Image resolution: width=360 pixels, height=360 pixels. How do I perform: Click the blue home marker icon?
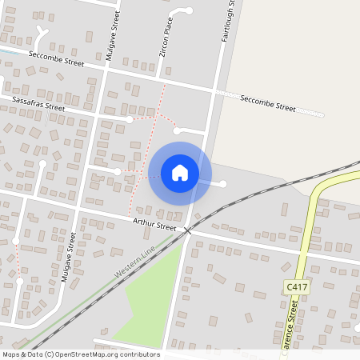point(180,173)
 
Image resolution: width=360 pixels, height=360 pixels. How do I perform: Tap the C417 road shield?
point(295,286)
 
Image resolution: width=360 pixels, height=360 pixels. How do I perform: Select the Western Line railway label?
point(134,262)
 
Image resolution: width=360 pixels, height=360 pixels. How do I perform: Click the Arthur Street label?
point(154,226)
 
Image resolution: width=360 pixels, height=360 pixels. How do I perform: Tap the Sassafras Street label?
point(38,103)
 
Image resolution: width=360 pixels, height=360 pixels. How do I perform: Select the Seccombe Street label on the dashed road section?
point(270,103)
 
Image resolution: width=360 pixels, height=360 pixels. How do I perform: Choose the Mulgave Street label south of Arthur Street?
point(68,258)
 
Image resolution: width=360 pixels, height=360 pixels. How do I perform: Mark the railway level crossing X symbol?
point(187,230)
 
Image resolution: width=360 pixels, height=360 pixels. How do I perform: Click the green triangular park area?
point(148,296)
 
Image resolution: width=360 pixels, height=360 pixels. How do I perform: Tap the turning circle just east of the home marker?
point(223,184)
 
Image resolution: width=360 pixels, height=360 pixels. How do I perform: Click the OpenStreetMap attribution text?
point(81,354)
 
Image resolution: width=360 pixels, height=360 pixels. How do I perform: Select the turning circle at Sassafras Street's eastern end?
point(129,119)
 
